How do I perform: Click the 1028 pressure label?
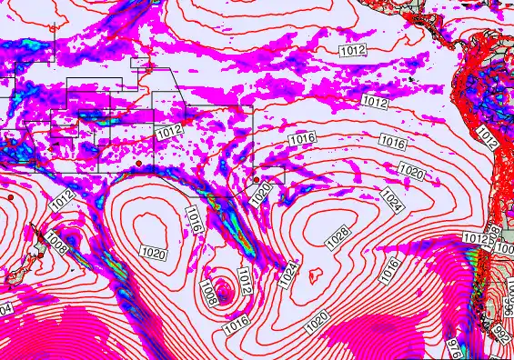[x=337, y=237]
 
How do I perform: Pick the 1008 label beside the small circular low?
[x=209, y=293]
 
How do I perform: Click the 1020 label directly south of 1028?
[x=317, y=321]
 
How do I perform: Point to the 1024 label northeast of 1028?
[x=392, y=196]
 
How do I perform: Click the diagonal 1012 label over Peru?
[x=487, y=139]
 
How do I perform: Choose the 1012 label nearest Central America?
[x=356, y=50]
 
